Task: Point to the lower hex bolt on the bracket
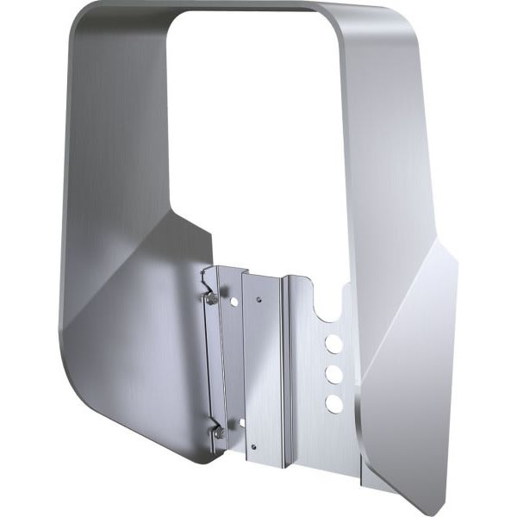point(219,432)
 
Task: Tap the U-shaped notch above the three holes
point(330,306)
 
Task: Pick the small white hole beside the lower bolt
point(241,423)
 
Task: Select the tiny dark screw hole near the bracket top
point(258,300)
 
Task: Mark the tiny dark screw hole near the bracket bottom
point(254,445)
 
